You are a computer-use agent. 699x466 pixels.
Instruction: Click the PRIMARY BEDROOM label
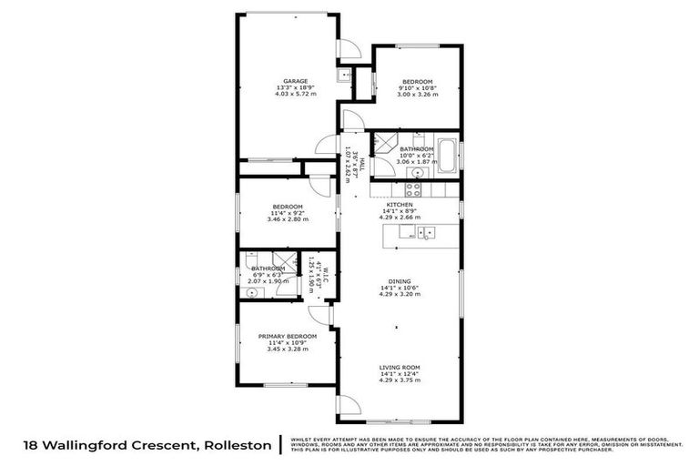287,337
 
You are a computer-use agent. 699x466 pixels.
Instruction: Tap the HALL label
361,165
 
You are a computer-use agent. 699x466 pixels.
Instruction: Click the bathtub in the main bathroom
447,155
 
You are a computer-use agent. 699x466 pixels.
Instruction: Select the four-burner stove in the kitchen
412,189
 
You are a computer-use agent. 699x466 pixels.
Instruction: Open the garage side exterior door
348,49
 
